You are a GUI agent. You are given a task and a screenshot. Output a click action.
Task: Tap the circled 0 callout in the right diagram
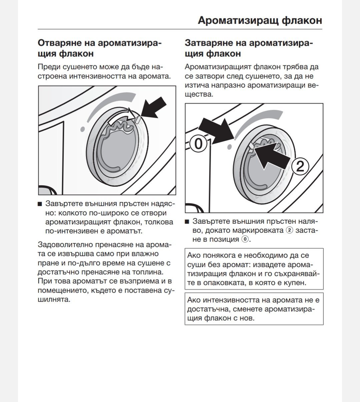(x=198, y=144)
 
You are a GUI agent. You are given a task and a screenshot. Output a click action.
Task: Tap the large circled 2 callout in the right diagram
(x=300, y=166)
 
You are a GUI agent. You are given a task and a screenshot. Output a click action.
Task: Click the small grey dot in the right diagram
(x=229, y=146)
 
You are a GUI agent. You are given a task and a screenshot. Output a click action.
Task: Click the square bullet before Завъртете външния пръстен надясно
(x=40, y=204)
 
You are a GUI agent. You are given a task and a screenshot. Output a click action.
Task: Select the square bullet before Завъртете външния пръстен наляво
(x=187, y=221)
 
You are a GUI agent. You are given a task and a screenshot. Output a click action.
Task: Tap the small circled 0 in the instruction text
(x=245, y=239)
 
